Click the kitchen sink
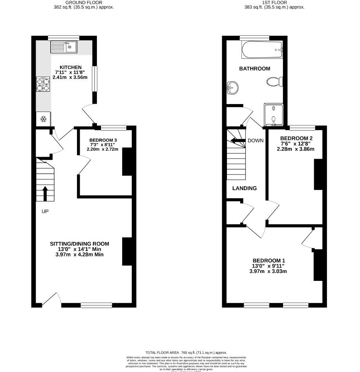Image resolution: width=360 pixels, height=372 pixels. click(64, 48)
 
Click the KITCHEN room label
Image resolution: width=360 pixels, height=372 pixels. click(71, 68)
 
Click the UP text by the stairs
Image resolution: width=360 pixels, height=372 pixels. click(45, 211)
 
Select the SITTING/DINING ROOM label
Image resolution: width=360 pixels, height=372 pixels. click(79, 244)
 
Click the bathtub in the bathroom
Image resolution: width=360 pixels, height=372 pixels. click(262, 50)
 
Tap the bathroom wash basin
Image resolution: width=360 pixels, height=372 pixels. click(232, 87)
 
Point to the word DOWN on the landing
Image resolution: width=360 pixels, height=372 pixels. click(256, 141)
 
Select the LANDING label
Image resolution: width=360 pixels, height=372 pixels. click(244, 188)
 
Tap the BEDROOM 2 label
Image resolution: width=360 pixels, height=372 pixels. click(296, 138)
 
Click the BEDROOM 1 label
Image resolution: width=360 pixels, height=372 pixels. click(269, 260)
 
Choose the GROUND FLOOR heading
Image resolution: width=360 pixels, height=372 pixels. click(84, 2)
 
